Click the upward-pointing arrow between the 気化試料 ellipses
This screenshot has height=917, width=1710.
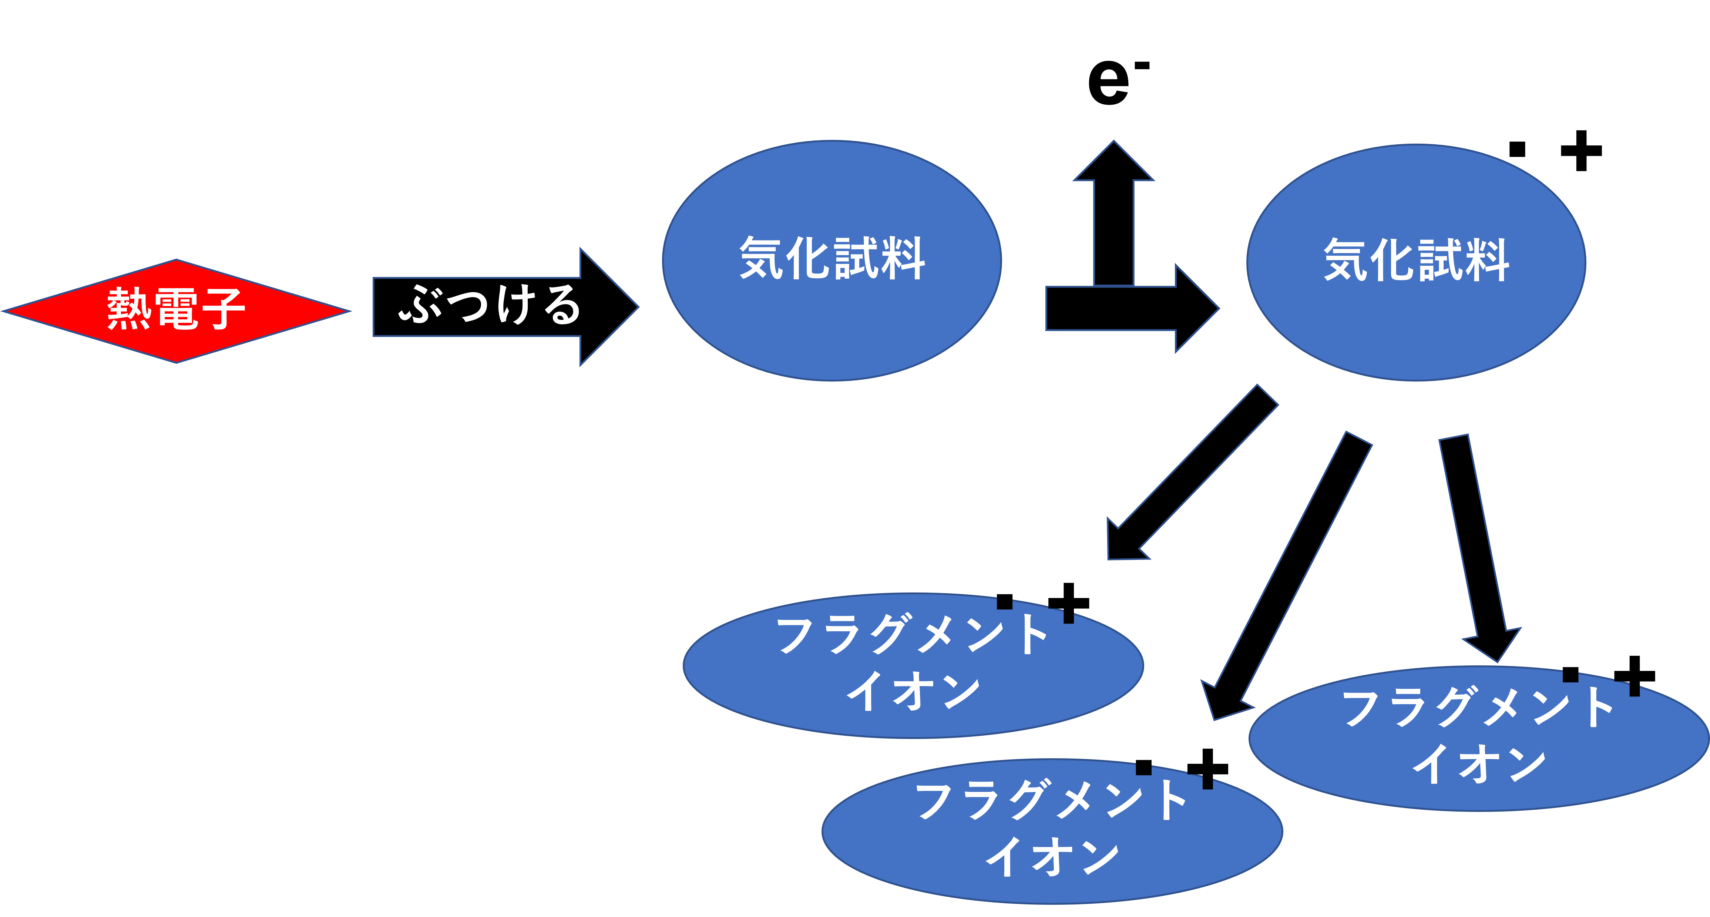(1114, 212)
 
